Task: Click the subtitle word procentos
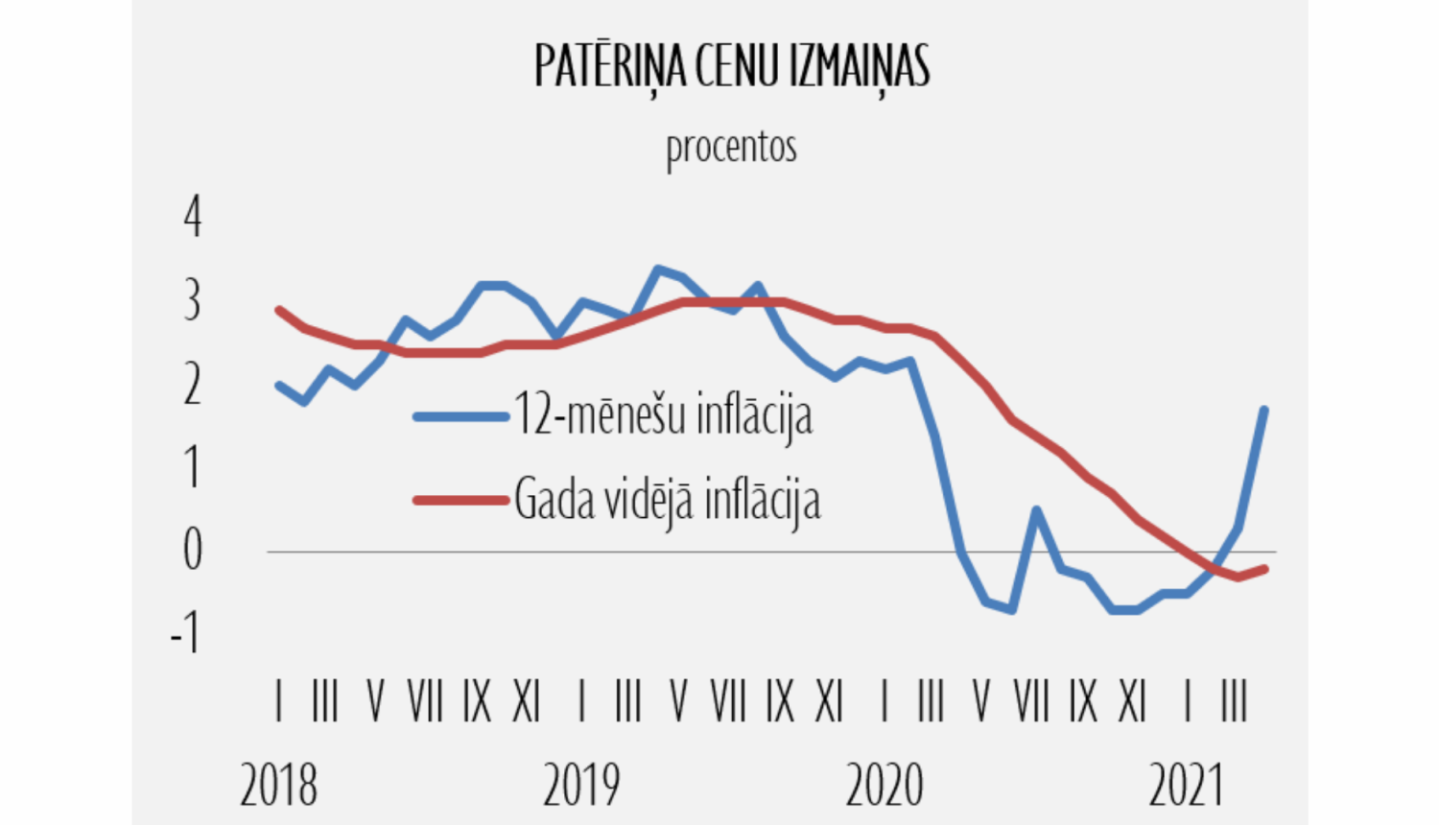coord(731,148)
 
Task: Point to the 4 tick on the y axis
coord(193,217)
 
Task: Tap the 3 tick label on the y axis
coord(193,300)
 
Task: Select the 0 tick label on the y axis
coord(193,550)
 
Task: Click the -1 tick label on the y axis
coord(185,633)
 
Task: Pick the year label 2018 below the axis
coord(278,786)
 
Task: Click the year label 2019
coord(581,786)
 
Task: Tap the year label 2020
coord(884,786)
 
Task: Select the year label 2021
coord(1187,786)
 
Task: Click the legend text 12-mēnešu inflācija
coord(663,415)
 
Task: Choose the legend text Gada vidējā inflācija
coord(667,500)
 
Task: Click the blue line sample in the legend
coord(460,416)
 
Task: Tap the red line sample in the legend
coord(460,500)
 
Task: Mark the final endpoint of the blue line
coord(1263,410)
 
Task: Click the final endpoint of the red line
coord(1264,569)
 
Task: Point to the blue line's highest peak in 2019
coord(657,269)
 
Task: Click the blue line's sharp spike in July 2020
coord(1036,509)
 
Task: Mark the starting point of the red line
coord(279,310)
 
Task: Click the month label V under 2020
coord(980,702)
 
